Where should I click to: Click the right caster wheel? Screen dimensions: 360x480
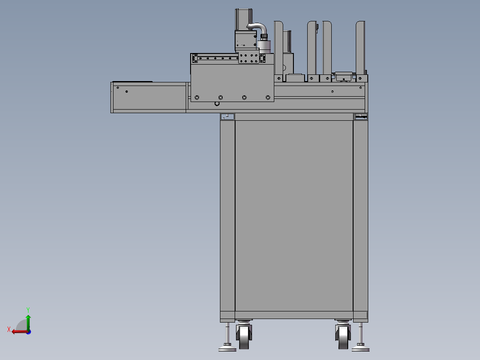pos(343,337)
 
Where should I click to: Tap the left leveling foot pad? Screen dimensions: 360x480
pos(227,348)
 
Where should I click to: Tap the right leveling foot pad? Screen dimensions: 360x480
pos(360,348)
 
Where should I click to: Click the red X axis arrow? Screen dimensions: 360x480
pos(17,331)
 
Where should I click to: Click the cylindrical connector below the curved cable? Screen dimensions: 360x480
pos(264,45)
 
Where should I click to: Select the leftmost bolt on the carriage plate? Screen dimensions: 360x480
pos(197,97)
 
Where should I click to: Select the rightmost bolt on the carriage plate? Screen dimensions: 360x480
pos(268,97)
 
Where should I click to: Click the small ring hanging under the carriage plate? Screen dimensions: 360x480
pos(217,104)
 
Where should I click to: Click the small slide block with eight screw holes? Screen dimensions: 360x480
pos(248,58)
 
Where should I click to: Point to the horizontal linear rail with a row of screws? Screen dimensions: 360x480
pos(216,58)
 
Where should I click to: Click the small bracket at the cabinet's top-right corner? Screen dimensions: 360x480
pos(361,117)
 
